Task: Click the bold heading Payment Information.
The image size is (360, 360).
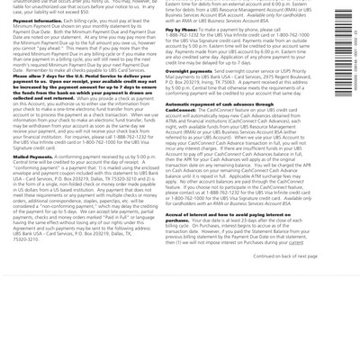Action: click(37, 20)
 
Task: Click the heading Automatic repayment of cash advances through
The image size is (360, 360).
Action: click(216, 103)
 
